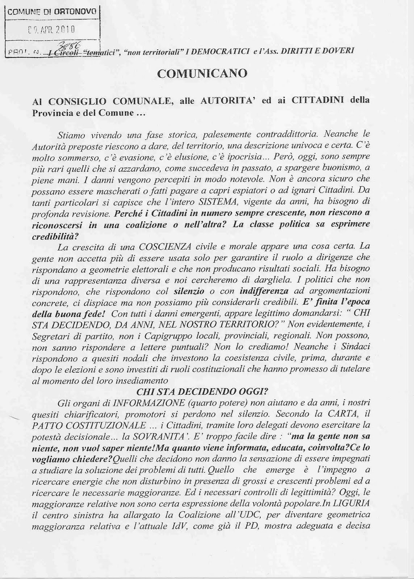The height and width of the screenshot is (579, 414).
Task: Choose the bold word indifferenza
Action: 264,291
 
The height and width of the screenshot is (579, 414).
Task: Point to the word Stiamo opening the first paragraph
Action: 72,135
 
